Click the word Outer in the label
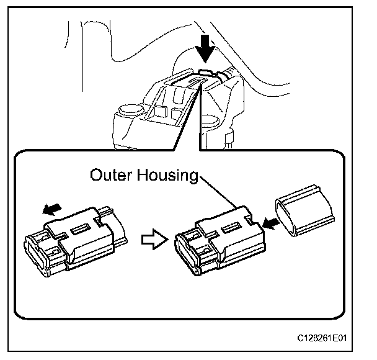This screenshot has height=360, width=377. pos(110,175)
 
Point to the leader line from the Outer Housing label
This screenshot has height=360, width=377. pos(217,191)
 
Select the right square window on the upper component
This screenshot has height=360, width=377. pos(178,113)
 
